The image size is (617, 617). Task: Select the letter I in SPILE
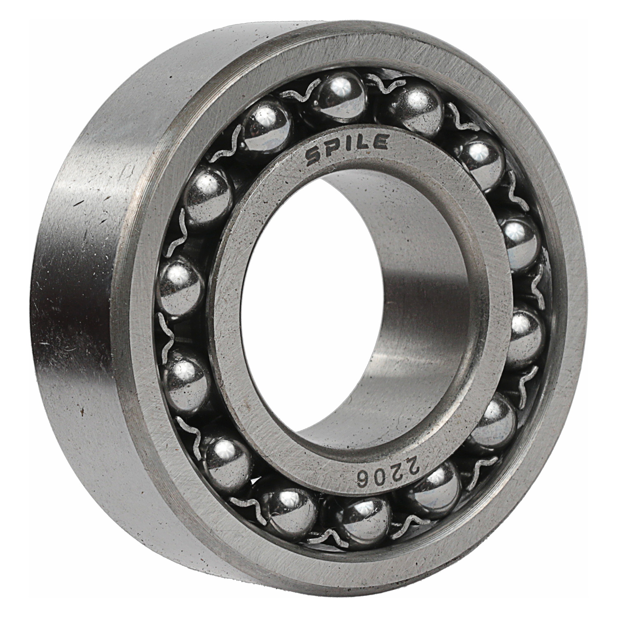pyautogui.click(x=348, y=145)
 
